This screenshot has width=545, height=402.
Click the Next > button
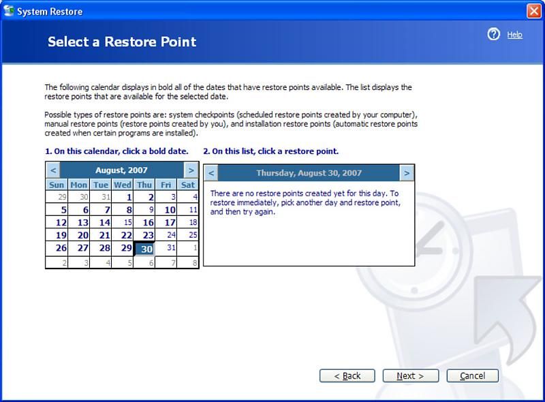(411, 376)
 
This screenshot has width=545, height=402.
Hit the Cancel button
(472, 376)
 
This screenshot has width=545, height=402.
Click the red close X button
(534, 11)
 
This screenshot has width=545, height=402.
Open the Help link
(514, 35)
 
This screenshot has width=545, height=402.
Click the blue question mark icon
(493, 35)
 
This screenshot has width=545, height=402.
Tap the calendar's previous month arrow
(53, 170)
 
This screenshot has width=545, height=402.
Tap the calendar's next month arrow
(191, 170)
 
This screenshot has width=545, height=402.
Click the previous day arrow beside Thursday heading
(211, 173)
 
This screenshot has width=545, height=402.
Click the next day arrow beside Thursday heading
(407, 173)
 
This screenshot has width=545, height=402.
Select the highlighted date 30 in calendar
(144, 249)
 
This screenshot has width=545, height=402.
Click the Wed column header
(123, 185)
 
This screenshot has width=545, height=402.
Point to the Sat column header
(188, 185)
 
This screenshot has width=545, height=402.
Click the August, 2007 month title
(122, 170)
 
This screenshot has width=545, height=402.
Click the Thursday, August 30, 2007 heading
(309, 173)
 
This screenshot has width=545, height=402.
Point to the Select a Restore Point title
(122, 42)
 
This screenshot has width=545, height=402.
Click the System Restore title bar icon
(9, 11)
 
